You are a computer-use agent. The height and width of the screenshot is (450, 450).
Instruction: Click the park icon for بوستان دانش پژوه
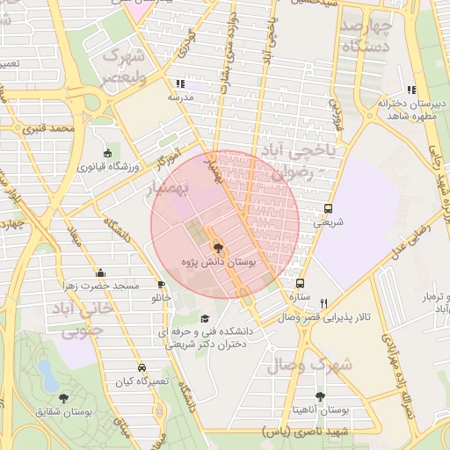[x=218, y=249]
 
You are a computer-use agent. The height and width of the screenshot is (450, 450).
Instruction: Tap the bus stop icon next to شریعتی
[x=328, y=209]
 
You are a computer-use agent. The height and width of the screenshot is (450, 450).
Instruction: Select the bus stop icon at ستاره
[x=301, y=284]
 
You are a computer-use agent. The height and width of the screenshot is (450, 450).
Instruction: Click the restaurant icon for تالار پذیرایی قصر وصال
[x=324, y=303]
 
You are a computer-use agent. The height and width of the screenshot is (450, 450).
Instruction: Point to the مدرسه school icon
[x=180, y=83]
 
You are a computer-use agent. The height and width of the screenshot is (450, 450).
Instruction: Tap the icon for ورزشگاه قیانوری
[x=108, y=153]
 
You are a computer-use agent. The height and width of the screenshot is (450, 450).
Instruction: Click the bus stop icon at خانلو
[x=161, y=285]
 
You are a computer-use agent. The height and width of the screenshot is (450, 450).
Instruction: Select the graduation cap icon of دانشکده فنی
[x=205, y=319]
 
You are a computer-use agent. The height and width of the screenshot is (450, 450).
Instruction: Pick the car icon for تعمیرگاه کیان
[x=142, y=367]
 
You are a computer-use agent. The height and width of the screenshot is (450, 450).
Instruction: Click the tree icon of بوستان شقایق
[x=63, y=397]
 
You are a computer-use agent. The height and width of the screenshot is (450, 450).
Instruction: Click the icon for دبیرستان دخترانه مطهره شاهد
[x=410, y=90]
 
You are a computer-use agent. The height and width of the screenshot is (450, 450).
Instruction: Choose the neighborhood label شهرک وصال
[x=323, y=364]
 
